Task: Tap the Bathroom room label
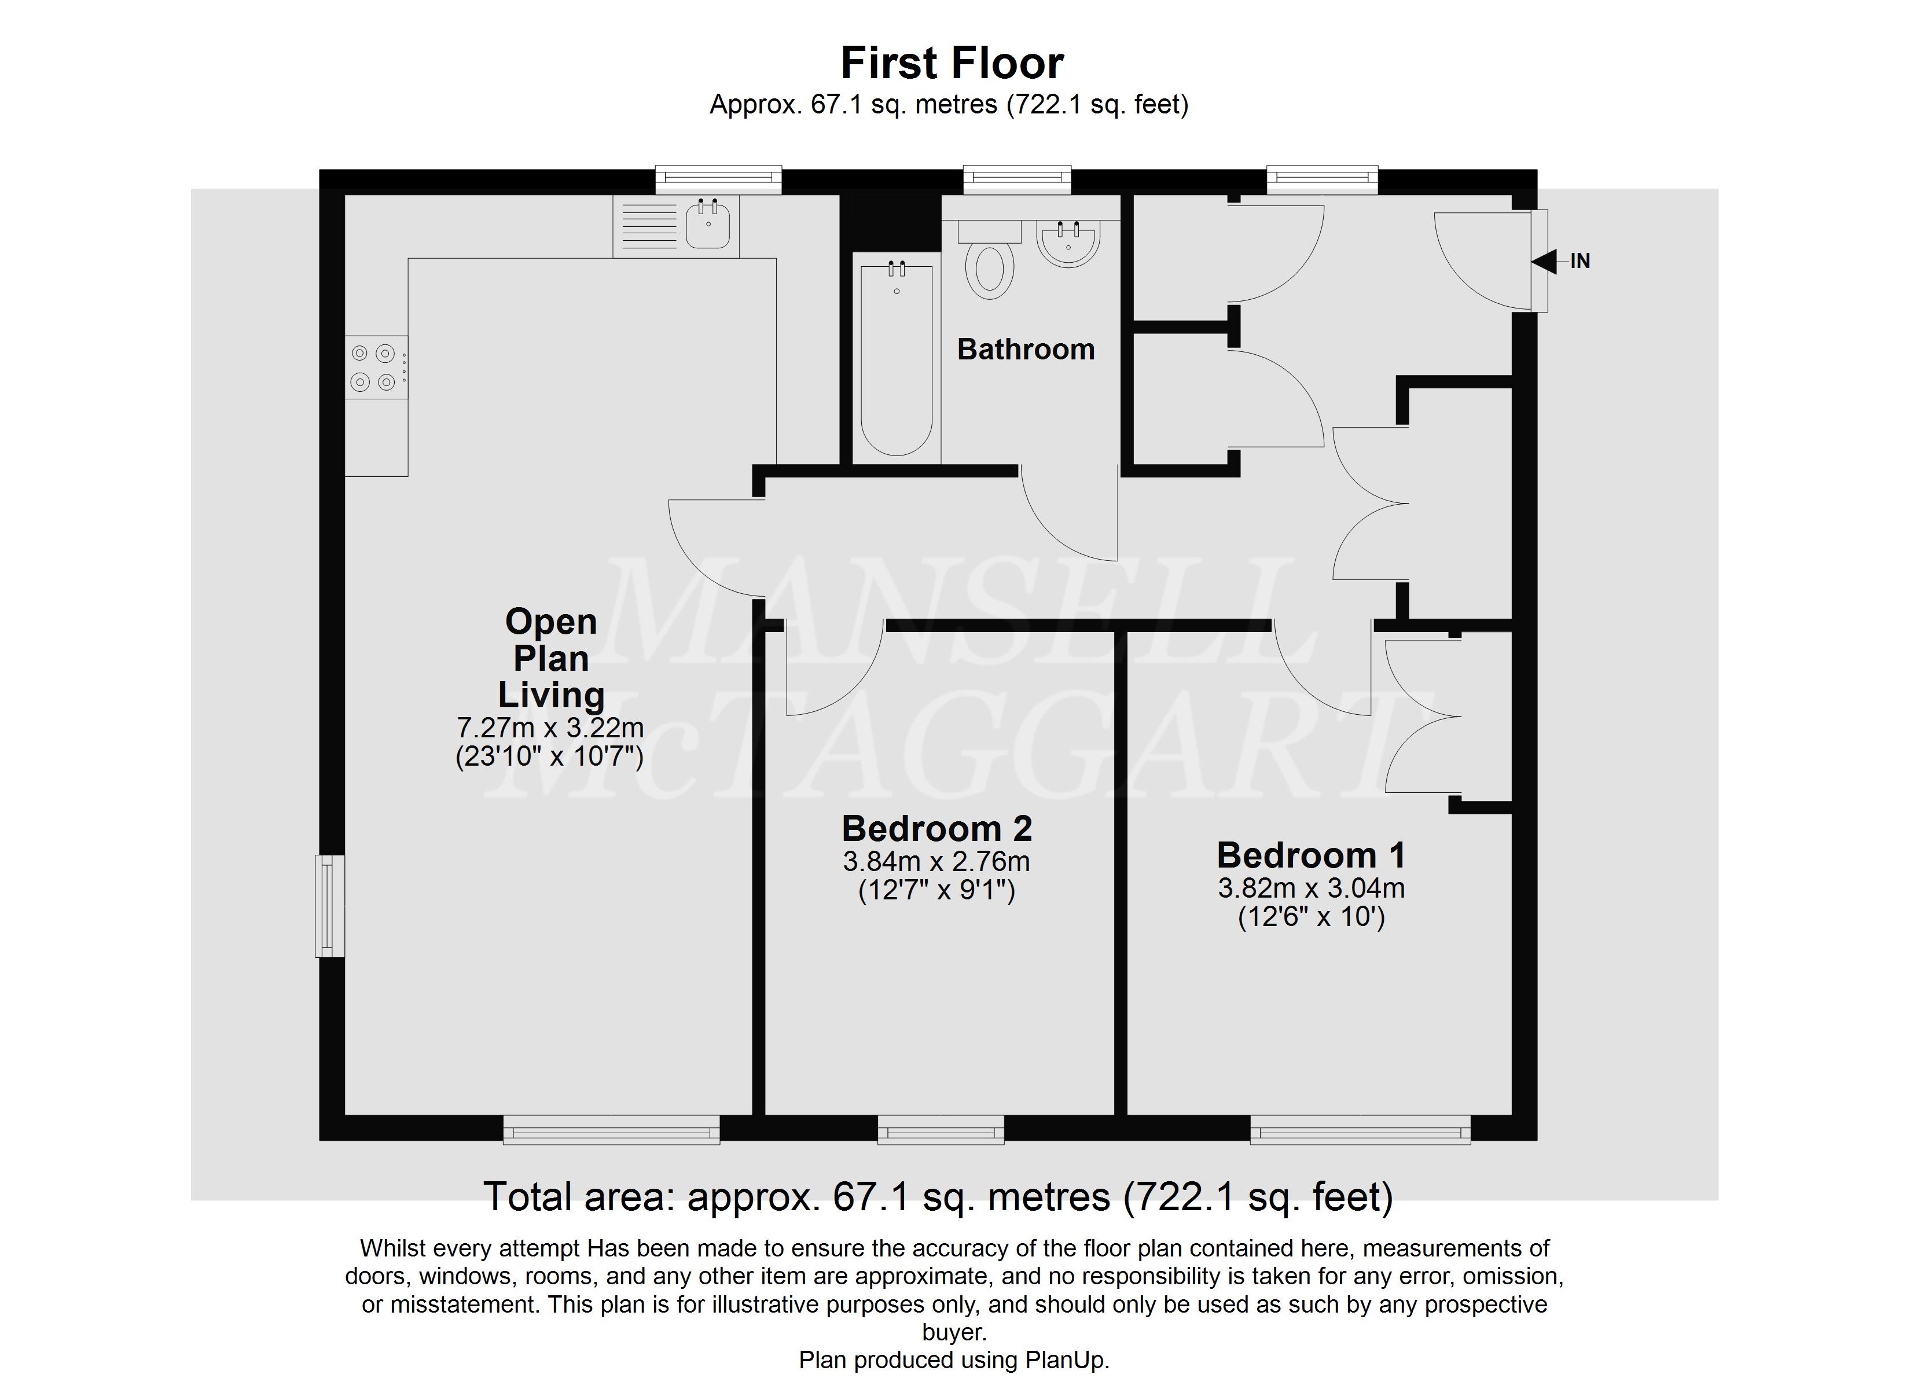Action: (x=1026, y=349)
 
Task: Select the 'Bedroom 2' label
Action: (x=936, y=829)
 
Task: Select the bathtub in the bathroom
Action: (x=896, y=358)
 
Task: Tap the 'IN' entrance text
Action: (x=1580, y=261)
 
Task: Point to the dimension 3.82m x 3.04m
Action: (x=1311, y=888)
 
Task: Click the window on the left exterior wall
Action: (x=330, y=906)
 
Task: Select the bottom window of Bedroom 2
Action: (x=941, y=1130)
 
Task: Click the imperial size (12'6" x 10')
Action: (x=1311, y=917)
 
